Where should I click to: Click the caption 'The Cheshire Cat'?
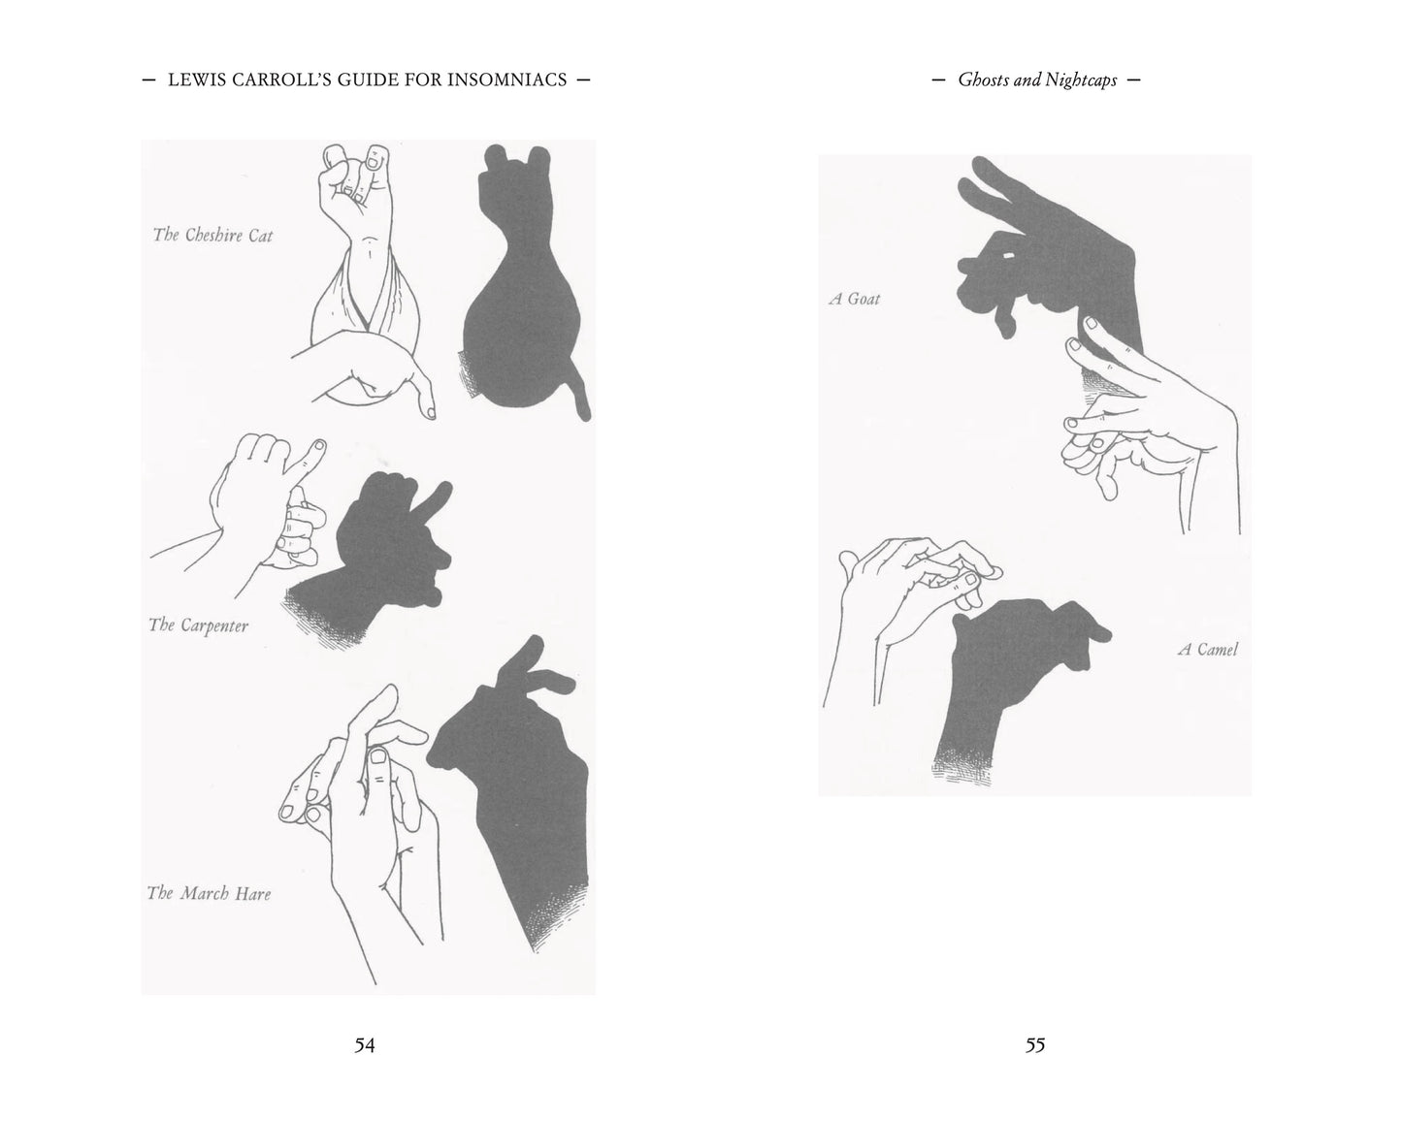213,235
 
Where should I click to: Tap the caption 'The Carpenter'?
199,625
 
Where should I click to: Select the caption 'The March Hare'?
209,893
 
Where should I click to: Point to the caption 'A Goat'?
854,299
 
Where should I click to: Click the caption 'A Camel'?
1207,650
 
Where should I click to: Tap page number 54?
365,1045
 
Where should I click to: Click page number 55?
1035,1045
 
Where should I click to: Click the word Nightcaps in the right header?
1082,80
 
